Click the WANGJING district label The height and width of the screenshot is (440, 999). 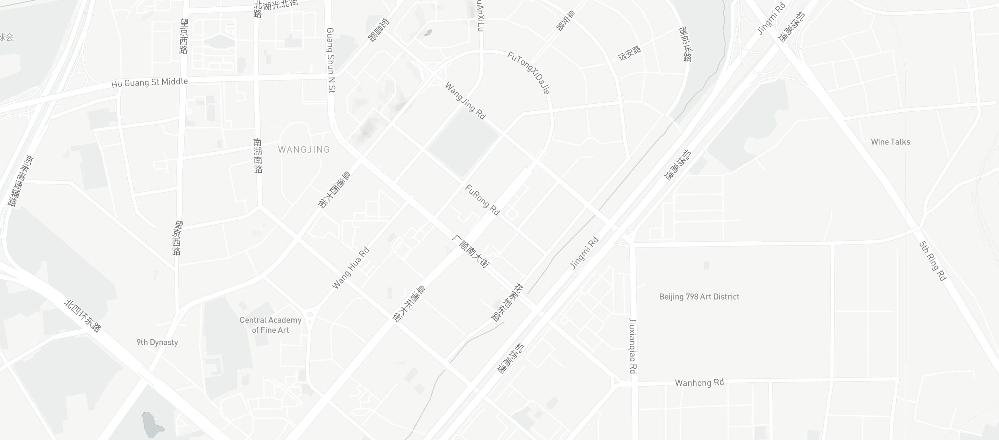(x=304, y=149)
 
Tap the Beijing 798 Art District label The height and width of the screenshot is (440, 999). (x=699, y=297)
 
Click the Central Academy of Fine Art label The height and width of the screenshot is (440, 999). (x=270, y=325)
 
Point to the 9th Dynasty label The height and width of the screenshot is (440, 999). (x=157, y=342)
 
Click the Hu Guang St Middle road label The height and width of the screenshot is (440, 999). (x=149, y=82)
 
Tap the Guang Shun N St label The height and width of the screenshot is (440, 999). (x=331, y=60)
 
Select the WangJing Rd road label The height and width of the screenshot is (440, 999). (x=465, y=101)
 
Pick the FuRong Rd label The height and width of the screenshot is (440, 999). (x=482, y=200)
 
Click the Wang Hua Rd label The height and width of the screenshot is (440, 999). (x=350, y=269)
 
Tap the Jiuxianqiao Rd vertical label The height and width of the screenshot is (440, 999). (x=632, y=345)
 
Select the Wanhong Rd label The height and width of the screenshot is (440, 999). (x=699, y=383)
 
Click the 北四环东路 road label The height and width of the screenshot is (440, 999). (x=83, y=316)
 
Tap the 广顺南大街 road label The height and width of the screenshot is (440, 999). (x=470, y=251)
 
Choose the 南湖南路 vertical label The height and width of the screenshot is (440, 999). (x=258, y=155)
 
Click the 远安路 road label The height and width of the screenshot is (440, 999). (x=629, y=53)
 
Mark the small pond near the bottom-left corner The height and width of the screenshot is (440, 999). (x=151, y=424)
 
